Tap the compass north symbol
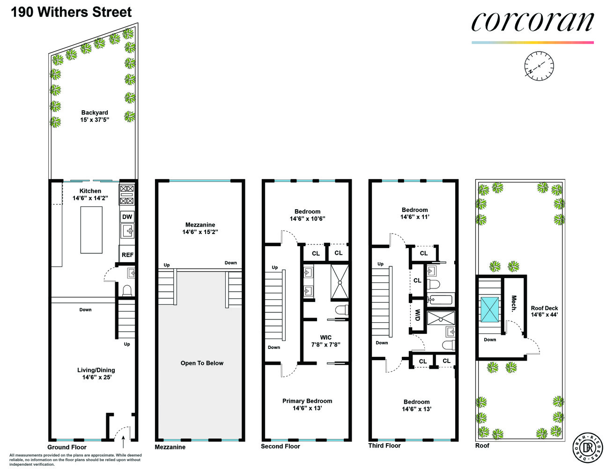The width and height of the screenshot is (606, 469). point(539,65)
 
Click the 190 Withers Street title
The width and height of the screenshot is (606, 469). point(71,12)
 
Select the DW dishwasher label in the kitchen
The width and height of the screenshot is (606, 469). point(127,217)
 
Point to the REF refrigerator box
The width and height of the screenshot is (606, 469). point(127,255)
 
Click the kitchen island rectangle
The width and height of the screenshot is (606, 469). point(91,230)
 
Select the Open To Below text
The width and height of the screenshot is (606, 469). point(202,363)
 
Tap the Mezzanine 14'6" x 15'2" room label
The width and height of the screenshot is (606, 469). point(200,228)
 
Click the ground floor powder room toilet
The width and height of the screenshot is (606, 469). point(126,290)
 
